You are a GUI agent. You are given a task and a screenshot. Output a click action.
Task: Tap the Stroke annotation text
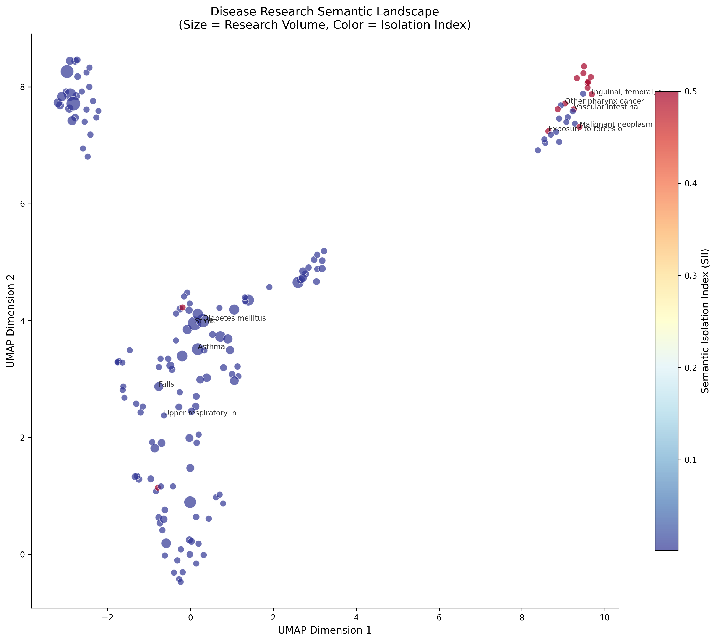tap(206, 321)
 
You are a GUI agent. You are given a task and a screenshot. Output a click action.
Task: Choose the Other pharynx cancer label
tap(604, 101)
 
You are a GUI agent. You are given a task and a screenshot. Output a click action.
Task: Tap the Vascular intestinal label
tap(607, 107)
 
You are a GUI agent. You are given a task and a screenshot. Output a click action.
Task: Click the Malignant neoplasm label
tap(616, 125)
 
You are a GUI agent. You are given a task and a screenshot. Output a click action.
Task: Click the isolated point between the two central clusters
tap(269, 287)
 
